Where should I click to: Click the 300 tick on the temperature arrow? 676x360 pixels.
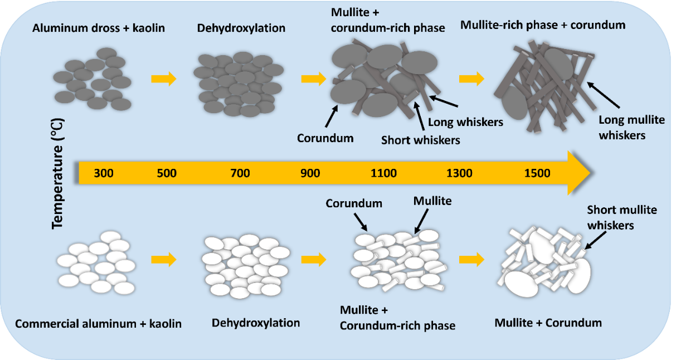click(x=104, y=173)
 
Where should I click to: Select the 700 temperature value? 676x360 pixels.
click(x=240, y=173)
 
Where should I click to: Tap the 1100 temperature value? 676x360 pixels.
click(x=383, y=173)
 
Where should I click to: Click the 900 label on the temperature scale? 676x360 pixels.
click(x=310, y=173)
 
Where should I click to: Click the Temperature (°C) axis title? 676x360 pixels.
click(x=57, y=173)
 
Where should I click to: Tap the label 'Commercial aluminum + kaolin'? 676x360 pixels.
click(x=99, y=323)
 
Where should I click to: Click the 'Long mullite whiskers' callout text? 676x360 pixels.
click(x=622, y=127)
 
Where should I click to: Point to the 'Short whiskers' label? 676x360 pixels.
click(x=421, y=140)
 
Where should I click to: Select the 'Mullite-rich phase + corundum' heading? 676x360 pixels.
click(x=543, y=25)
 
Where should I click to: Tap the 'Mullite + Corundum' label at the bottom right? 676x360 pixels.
click(x=548, y=323)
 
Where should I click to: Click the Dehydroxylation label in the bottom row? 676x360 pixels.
click(x=256, y=323)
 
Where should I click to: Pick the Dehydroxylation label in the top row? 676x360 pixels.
click(x=241, y=28)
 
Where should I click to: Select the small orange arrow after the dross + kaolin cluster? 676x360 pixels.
click(x=163, y=79)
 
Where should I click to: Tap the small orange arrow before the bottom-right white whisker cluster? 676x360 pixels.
click(x=471, y=259)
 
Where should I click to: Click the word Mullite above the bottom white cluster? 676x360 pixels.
click(x=432, y=199)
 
